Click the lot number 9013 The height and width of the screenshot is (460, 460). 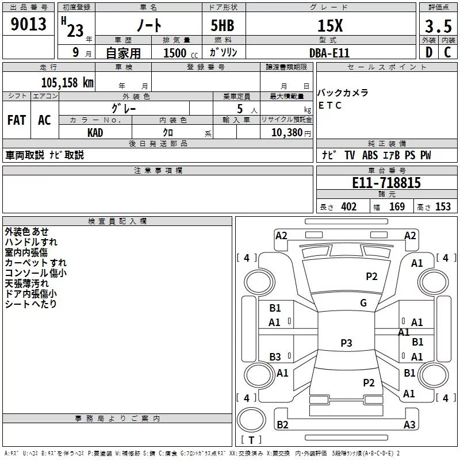(28, 24)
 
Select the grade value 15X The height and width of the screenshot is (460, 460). (330, 26)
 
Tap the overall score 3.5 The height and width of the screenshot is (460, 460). (438, 26)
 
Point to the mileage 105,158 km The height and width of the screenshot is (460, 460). (67, 83)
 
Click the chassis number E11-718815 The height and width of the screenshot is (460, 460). (386, 183)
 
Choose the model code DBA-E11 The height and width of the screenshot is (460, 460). (329, 53)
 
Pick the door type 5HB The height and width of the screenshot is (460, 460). (223, 25)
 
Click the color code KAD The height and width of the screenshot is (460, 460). (95, 133)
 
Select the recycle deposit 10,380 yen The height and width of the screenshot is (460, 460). (291, 133)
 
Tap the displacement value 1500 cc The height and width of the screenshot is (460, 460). (181, 53)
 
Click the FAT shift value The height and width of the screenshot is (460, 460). (17, 120)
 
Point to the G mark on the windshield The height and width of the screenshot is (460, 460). (363, 303)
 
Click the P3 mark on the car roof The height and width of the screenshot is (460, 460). (346, 343)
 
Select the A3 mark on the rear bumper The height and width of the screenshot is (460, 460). (409, 424)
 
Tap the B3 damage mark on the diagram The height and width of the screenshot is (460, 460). (275, 356)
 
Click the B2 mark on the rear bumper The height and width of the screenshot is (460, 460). (282, 424)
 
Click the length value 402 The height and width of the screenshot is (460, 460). (349, 207)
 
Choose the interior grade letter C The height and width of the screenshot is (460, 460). (447, 52)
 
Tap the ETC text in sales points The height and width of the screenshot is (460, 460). (330, 105)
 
